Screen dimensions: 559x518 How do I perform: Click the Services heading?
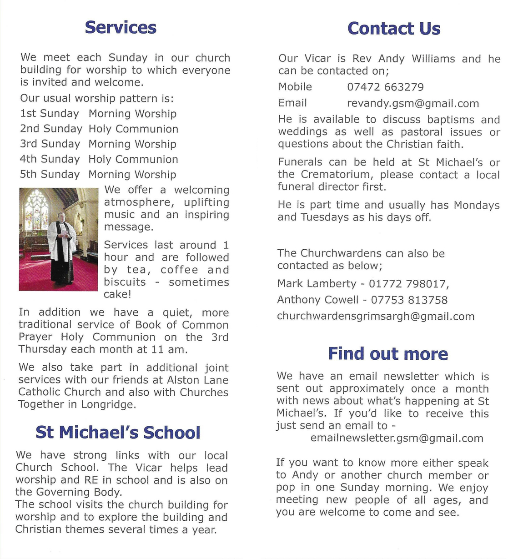click(121, 27)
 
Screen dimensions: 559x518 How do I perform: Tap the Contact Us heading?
click(394, 29)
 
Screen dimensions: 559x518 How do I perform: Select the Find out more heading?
click(388, 354)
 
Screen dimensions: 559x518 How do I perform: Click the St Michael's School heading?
click(118, 433)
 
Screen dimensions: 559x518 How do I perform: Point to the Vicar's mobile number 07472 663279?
click(385, 87)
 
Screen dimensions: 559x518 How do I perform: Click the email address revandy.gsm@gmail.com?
click(413, 104)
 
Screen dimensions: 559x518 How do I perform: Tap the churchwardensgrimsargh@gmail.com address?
click(376, 317)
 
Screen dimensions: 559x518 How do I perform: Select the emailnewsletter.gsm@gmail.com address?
click(397, 438)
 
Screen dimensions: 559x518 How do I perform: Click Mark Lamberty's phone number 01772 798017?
click(408, 284)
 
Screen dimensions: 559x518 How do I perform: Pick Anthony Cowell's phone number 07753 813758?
click(409, 300)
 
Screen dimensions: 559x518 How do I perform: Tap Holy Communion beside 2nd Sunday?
click(133, 129)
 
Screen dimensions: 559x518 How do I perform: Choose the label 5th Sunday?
click(50, 175)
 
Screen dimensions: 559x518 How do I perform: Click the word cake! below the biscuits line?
click(117, 294)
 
